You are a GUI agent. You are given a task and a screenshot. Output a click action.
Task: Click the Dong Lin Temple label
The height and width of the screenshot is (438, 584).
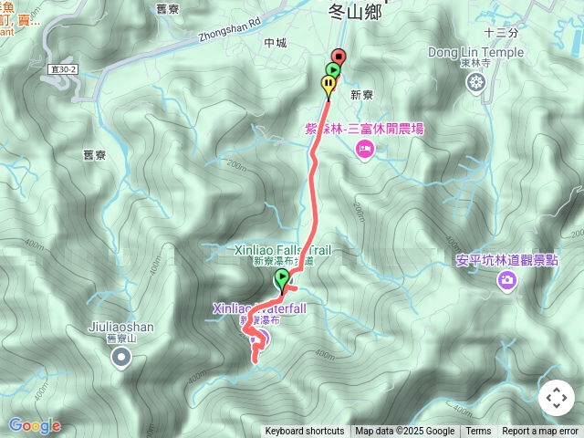point(476,53)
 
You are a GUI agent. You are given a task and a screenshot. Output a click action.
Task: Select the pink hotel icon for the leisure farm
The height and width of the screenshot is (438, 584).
point(364,148)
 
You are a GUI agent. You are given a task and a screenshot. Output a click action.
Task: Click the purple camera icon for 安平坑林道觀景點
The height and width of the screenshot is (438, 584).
point(506,280)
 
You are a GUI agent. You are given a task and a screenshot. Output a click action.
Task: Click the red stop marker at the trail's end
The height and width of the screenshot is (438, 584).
point(339,57)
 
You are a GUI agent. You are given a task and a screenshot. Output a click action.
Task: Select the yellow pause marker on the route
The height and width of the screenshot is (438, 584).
point(328,85)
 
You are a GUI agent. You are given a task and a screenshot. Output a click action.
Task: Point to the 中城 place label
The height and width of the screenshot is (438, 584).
point(275,43)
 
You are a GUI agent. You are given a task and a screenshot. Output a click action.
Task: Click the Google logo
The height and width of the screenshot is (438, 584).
point(34,425)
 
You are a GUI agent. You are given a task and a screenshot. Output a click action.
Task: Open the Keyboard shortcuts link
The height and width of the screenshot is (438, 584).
point(305,432)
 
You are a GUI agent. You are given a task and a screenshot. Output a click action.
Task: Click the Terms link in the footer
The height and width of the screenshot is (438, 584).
point(478,432)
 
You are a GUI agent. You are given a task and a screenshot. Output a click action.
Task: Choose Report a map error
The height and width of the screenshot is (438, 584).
point(540,432)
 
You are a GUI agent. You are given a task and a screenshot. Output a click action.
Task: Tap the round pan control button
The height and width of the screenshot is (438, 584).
point(556,398)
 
